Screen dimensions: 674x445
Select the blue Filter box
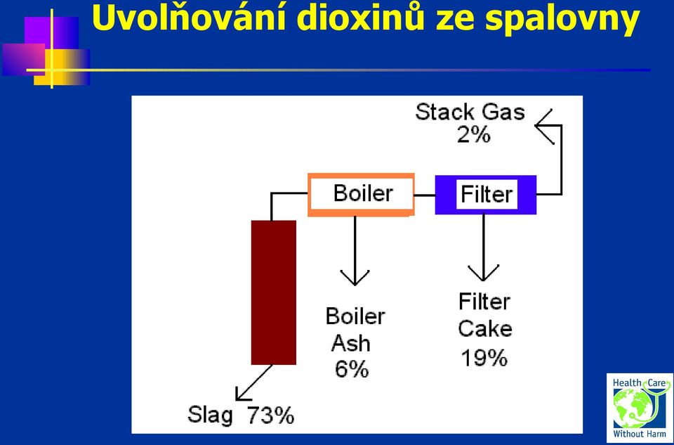click(x=486, y=195)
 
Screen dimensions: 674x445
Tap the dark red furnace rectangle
click(x=274, y=292)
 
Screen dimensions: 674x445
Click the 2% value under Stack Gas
click(x=473, y=135)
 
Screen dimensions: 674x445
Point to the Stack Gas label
click(x=470, y=112)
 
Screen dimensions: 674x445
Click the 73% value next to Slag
click(x=270, y=415)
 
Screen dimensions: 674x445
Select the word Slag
click(x=210, y=416)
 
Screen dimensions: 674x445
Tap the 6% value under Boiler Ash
click(x=352, y=369)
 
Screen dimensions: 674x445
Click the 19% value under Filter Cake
click(x=484, y=358)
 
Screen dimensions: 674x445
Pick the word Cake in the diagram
click(x=485, y=329)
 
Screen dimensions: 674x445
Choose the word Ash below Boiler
click(x=351, y=343)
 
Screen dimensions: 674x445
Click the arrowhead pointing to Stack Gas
click(x=543, y=126)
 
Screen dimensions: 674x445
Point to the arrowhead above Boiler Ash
click(x=355, y=277)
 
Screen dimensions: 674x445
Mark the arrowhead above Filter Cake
click(x=484, y=273)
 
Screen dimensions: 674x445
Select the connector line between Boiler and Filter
click(x=425, y=195)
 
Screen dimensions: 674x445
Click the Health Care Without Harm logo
click(x=639, y=408)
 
